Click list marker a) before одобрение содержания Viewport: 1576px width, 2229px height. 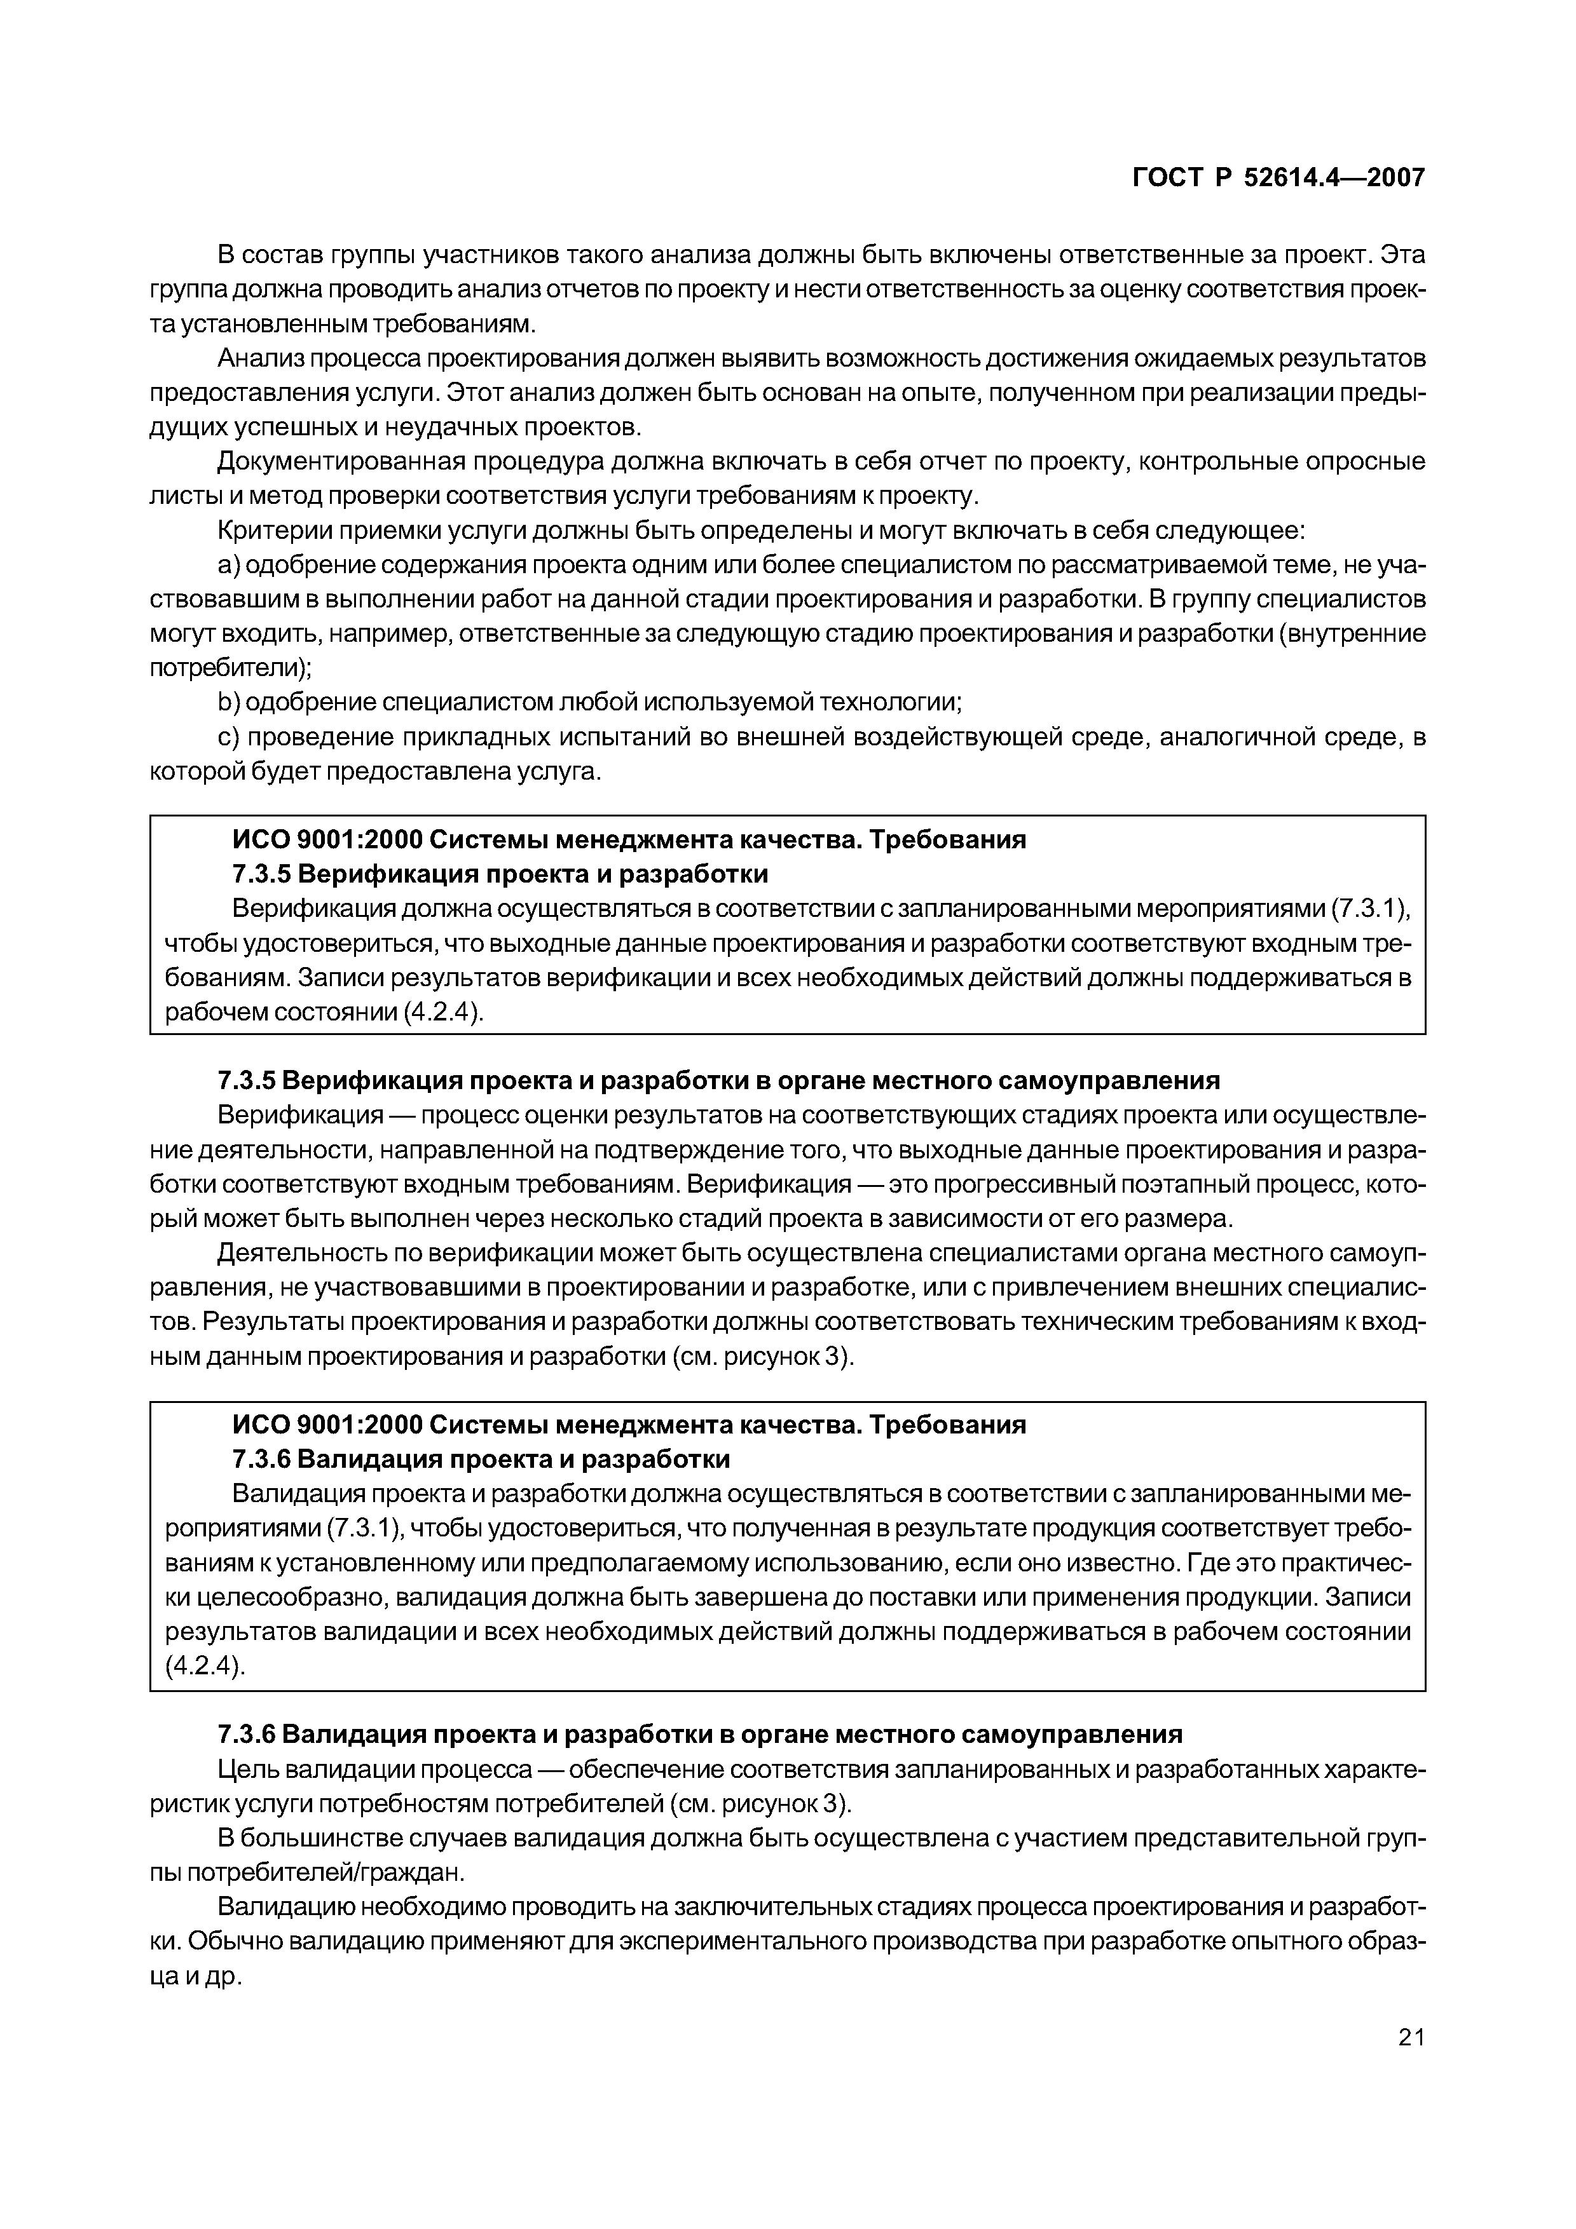(x=228, y=566)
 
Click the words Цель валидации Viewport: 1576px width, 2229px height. (x=301, y=1770)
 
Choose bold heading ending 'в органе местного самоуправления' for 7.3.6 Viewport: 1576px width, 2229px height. (x=699, y=1734)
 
